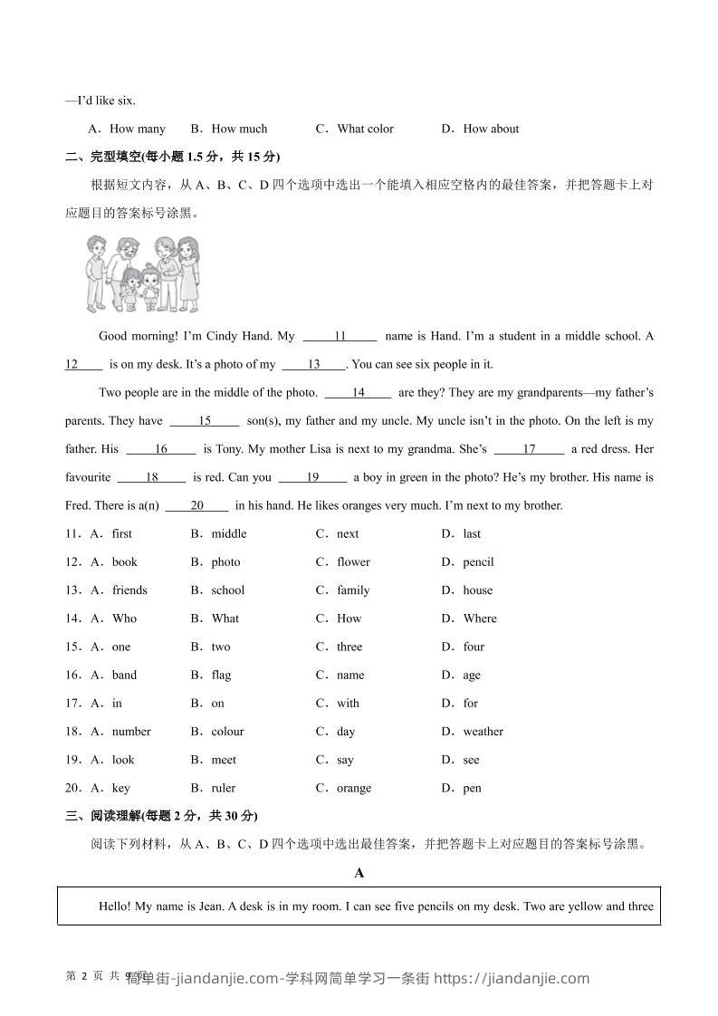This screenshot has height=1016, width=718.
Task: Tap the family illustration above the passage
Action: tap(142, 273)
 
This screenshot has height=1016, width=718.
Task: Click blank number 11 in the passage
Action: tap(340, 336)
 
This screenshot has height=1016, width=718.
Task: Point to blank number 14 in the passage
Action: tap(358, 392)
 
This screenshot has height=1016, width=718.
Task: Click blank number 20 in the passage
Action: tap(196, 505)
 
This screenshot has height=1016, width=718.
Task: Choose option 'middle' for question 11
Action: tap(228, 533)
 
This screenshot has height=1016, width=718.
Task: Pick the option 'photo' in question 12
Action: tap(225, 561)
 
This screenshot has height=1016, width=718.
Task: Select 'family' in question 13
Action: tap(353, 589)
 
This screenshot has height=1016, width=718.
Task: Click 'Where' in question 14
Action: tap(480, 618)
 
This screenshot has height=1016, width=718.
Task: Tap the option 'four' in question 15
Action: tap(474, 647)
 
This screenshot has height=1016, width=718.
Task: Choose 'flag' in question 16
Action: tap(221, 675)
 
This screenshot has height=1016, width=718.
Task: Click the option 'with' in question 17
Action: tap(348, 703)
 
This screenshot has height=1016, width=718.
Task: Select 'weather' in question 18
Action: tap(483, 731)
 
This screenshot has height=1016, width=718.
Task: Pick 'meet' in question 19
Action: tap(224, 760)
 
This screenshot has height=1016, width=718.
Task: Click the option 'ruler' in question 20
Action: tap(223, 788)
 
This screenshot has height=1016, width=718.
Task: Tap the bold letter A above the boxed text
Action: tap(359, 873)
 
